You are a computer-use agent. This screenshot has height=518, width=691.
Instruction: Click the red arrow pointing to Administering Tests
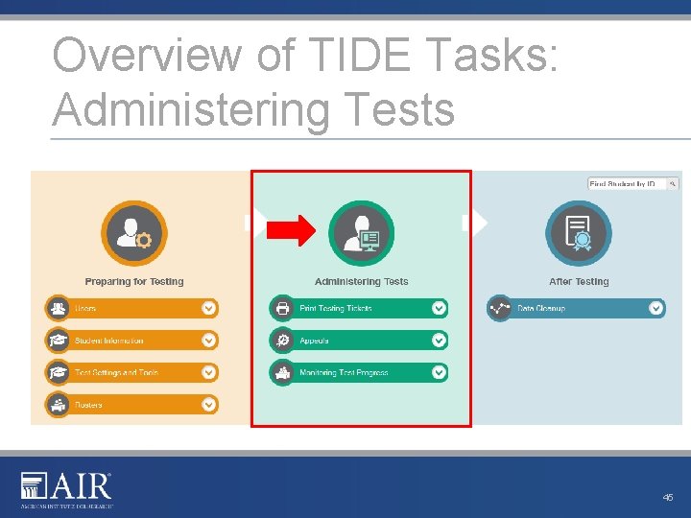click(x=291, y=229)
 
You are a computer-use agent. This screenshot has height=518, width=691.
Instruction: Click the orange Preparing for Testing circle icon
click(x=133, y=233)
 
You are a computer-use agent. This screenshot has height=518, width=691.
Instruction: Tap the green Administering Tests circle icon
click(x=361, y=233)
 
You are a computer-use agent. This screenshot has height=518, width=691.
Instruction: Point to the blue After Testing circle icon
click(x=579, y=233)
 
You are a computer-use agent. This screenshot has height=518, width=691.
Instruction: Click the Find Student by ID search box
click(x=628, y=183)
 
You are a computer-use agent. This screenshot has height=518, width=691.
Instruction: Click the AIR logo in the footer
click(x=67, y=488)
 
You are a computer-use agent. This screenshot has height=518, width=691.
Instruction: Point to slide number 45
click(x=668, y=497)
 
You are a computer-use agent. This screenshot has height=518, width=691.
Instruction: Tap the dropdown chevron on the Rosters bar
click(x=209, y=405)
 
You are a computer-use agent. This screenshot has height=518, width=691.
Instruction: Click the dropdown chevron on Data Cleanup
click(x=655, y=308)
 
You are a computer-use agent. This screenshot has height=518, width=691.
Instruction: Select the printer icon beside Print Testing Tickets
click(x=283, y=309)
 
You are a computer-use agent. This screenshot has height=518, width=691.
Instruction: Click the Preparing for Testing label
click(x=134, y=282)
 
